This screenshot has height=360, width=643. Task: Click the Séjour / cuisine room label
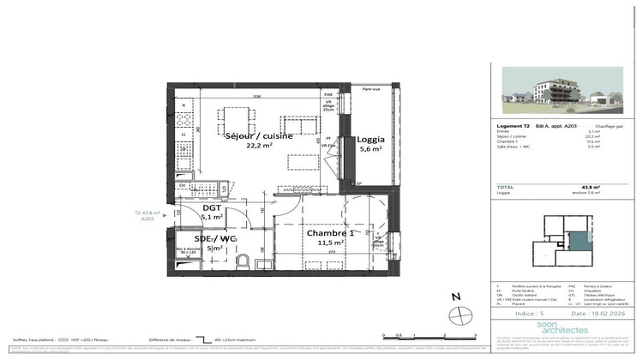coord(259,136)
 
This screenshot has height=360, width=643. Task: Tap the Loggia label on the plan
coord(371,139)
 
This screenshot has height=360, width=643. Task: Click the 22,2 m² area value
coord(260,147)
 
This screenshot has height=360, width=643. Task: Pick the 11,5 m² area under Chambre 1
coord(330,243)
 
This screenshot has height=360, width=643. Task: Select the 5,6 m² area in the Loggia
coord(371,150)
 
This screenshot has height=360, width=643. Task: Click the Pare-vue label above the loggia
coord(371,89)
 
